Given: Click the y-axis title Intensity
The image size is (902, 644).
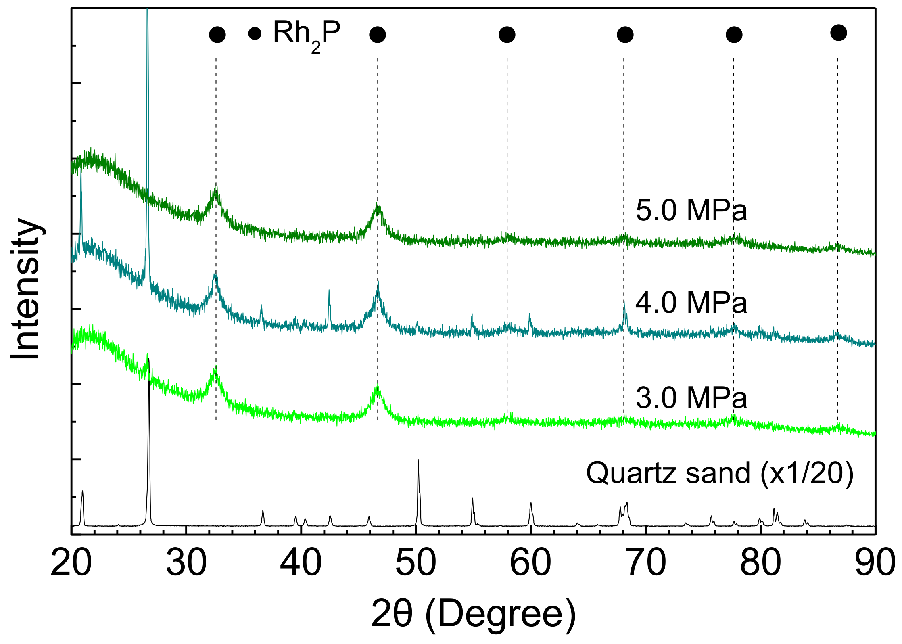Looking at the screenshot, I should pos(26,289).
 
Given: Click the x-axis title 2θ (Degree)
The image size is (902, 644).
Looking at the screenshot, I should pos(474,615).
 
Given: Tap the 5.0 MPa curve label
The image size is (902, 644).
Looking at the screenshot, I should pos(691,211).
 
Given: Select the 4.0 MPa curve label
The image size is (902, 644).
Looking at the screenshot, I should pos(691,303).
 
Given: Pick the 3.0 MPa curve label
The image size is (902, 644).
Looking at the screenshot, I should pos(691,398).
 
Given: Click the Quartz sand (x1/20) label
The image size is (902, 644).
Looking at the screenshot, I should pos(720,473).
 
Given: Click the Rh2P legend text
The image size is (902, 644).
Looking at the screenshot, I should pos(307,34).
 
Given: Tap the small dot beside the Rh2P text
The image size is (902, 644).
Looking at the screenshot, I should pos(255,33).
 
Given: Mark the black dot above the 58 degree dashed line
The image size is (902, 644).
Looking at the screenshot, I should pos(507,35).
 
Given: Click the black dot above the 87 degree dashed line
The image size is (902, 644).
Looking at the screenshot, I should pos(839,33).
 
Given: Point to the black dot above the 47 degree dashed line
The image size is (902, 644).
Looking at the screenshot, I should pos(378,35).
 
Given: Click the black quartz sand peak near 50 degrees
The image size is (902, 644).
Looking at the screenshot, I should pos(418,461).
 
